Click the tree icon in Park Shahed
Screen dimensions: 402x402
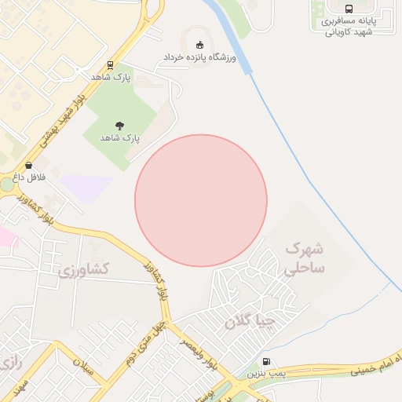coord(119,125)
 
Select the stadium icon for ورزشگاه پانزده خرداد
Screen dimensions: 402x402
coord(199,45)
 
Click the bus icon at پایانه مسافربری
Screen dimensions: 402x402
coord(349,9)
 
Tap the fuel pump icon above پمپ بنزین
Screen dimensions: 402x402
coord(266,362)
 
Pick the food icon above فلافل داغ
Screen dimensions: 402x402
coord(29,166)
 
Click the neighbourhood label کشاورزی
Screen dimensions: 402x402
coord(84,270)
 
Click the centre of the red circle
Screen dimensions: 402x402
coord(201,201)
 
